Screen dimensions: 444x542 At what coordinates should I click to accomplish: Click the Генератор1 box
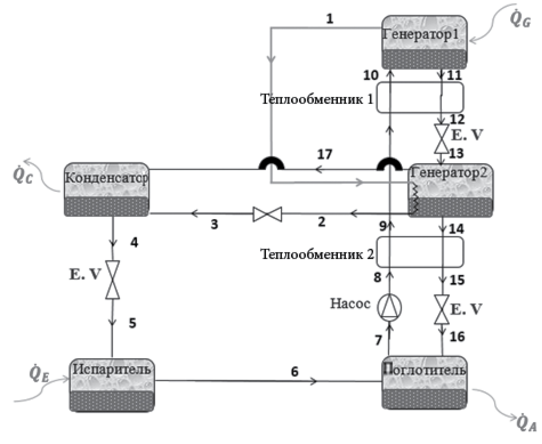424,42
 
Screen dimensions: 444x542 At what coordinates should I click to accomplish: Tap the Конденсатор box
107,190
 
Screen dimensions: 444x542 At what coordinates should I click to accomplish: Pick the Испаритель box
112,385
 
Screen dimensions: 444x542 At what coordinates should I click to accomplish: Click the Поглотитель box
424,383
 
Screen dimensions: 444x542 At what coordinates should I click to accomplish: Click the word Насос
350,303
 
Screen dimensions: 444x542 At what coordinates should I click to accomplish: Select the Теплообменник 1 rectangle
420,97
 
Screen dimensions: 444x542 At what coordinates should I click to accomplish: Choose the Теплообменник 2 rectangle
420,252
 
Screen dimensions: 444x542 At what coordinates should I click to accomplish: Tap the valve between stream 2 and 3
267,214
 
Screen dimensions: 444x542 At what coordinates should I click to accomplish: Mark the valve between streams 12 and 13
441,139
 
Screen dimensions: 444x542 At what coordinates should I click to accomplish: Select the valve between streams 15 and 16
442,310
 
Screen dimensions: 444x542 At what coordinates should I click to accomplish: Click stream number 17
325,154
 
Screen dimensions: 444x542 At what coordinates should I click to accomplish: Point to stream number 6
294,372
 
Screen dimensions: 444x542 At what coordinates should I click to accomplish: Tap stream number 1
330,19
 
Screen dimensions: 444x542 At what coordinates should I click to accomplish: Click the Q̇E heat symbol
38,374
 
